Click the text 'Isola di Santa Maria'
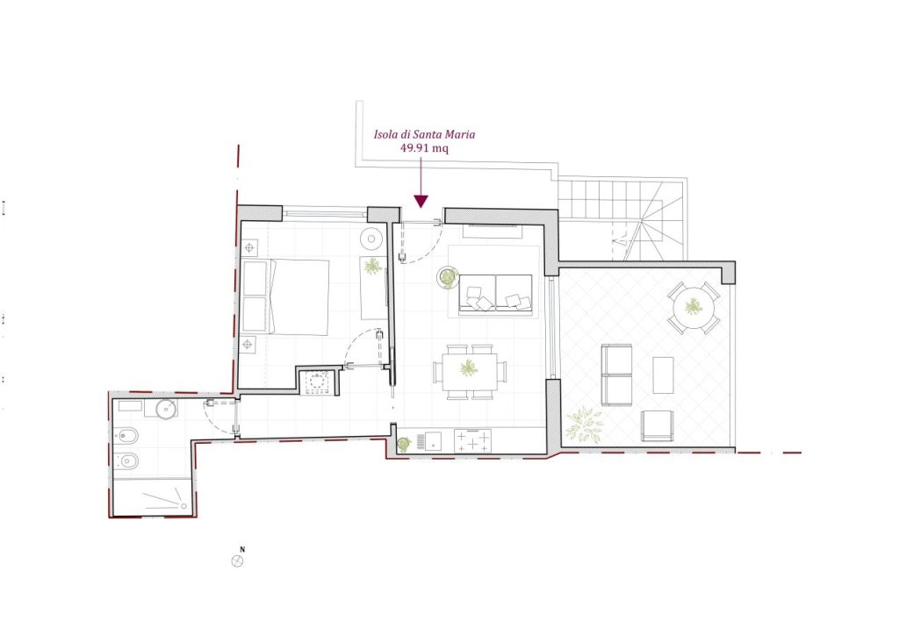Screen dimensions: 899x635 coord(424,134)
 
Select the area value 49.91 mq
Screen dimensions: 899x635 coord(424,148)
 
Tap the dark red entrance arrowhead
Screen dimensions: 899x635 coord(421,201)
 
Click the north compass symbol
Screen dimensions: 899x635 coord(237,561)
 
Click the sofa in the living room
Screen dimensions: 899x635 coord(495,295)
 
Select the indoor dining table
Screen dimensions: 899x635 coord(470,371)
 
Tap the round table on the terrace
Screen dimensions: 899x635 coord(694,308)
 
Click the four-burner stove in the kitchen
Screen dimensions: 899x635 coord(473,441)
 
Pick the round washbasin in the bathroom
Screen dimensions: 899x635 coord(166,410)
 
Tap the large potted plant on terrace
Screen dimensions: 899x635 coord(584,425)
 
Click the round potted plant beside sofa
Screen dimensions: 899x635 coord(447,277)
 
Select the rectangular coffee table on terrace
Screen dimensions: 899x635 coord(663,375)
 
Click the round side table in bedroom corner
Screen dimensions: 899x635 coord(371,239)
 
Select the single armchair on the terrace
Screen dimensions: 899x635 coord(657,426)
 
